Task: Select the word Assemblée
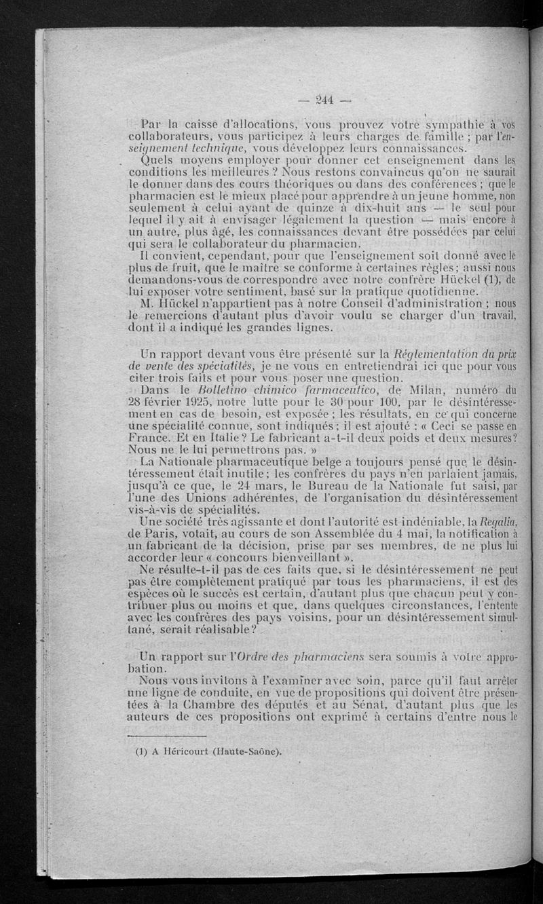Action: (x=343, y=533)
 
